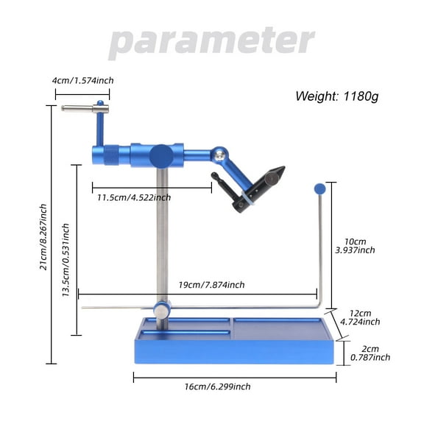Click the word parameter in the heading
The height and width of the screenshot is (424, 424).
(211, 41)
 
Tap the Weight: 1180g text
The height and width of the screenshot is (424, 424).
(342, 96)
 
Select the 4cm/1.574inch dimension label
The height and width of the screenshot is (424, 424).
(83, 80)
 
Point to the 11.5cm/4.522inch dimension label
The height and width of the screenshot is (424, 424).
(134, 197)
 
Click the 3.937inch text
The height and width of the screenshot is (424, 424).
(354, 250)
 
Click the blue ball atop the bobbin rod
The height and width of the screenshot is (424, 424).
(319, 188)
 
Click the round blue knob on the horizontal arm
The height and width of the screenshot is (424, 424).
(161, 156)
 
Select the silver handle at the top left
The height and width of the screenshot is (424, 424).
(85, 109)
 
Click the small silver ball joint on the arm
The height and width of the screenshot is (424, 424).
(219, 155)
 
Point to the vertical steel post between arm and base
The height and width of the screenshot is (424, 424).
(162, 236)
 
